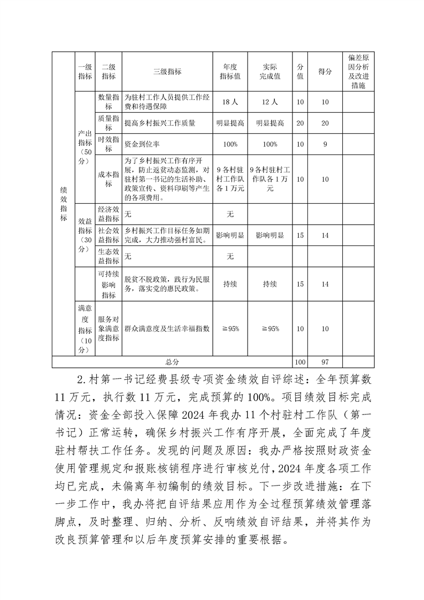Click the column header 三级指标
167,71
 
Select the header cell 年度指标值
230,71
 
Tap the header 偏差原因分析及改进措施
358,71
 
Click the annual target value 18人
230,102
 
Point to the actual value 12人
270,102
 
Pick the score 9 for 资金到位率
325,144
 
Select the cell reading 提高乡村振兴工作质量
160,123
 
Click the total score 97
325,362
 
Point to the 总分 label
172,362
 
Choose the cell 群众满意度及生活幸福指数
167,328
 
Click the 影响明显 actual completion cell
270,235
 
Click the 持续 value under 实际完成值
270,284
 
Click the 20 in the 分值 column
300,123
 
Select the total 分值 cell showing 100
300,362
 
